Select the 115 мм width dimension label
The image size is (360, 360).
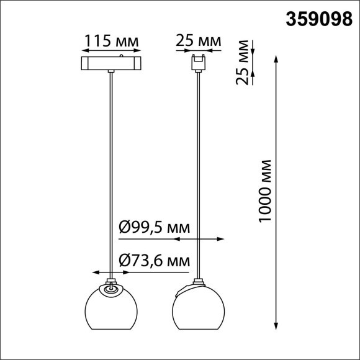pos(111,41)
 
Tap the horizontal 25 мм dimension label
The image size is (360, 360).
pos(198,41)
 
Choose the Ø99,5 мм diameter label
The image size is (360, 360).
pos(154,228)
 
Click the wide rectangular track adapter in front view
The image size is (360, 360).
pos(110,63)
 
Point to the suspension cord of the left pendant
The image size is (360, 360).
pos(110,174)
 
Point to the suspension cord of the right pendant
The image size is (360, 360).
pos(198,174)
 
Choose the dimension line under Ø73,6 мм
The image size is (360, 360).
pos(142,272)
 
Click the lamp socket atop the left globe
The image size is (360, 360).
pos(110,288)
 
